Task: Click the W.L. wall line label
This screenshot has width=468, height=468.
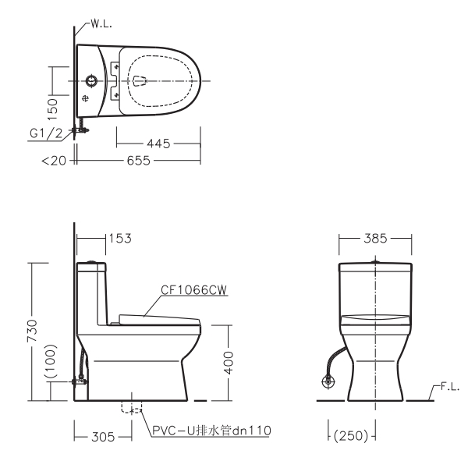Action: pos(101,24)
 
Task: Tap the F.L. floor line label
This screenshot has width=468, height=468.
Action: pos(450,387)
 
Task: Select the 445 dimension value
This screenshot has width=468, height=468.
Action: pos(158,144)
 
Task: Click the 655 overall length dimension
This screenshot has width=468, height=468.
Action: pos(139,161)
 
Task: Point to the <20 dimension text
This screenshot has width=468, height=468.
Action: pos(54,161)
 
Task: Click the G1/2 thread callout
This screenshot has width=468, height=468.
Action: pos(46,133)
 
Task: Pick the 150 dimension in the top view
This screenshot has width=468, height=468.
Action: pos(52,109)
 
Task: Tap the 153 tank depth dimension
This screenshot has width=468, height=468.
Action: pos(120,239)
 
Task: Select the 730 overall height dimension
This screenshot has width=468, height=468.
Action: pos(32,331)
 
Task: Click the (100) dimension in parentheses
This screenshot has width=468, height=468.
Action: pos(51,361)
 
